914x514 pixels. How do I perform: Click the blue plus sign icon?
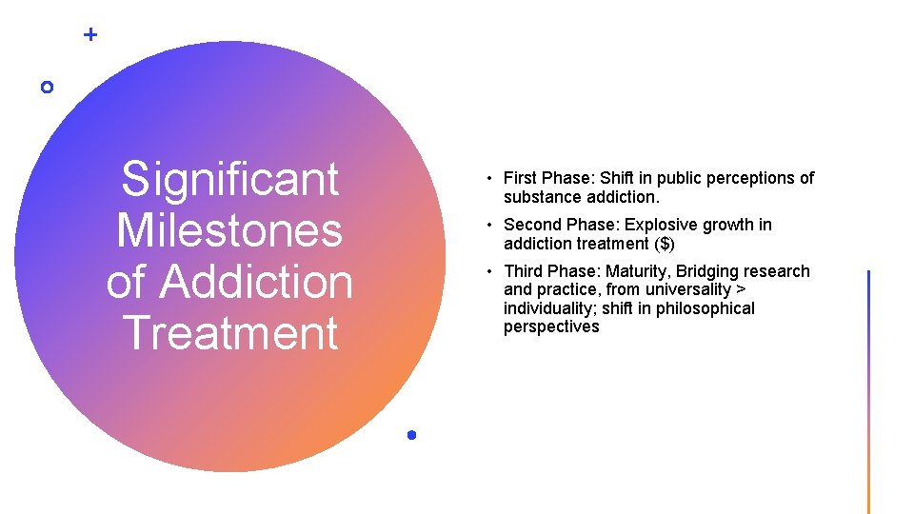(x=90, y=35)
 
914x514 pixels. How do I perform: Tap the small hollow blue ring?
(x=47, y=87)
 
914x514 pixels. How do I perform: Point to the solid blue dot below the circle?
(x=411, y=435)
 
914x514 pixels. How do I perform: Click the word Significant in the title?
(x=230, y=180)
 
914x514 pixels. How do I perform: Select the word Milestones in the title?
(x=229, y=230)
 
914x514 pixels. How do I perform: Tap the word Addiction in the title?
(x=257, y=282)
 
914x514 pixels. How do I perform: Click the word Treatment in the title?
(x=230, y=333)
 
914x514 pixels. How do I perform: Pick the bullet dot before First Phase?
(x=486, y=179)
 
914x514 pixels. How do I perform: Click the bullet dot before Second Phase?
(x=486, y=226)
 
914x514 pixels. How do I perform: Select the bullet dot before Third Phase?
(x=486, y=272)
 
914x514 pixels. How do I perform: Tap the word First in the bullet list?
(x=520, y=178)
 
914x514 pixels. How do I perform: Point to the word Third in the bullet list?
(x=523, y=271)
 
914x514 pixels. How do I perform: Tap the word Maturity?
(x=637, y=271)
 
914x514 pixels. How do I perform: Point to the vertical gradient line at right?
(x=868, y=391)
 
